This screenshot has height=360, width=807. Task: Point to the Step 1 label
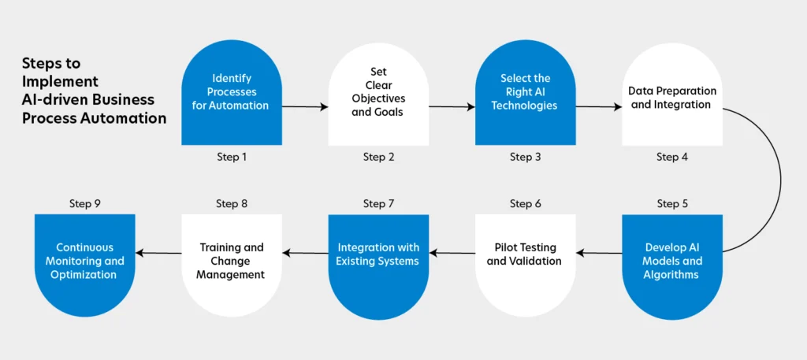[x=232, y=158]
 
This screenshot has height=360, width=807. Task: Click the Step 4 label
[x=671, y=158]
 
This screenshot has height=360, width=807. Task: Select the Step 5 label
[x=671, y=204]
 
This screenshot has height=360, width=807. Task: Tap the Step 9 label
[x=85, y=204]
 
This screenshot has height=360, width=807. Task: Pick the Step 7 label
[x=378, y=204]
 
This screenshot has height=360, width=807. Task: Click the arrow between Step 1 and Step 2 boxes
[x=305, y=107]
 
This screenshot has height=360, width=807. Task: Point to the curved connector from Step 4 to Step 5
[x=781, y=180]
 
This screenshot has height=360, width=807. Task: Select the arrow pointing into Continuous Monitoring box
[x=158, y=253]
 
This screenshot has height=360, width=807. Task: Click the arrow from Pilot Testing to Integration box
[x=452, y=253]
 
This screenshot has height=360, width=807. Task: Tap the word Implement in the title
[x=60, y=81]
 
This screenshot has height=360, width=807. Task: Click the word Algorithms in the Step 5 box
[x=671, y=275]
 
